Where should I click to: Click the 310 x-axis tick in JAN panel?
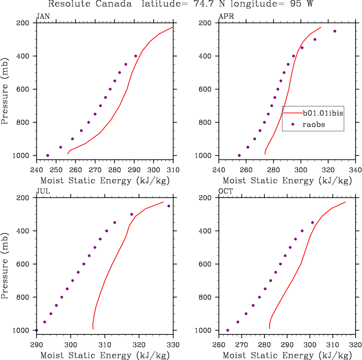[x=173, y=169]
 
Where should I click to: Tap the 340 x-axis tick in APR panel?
[x=355, y=169]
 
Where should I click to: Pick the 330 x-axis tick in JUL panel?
[x=173, y=345]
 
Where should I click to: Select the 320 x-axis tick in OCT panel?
[x=355, y=345]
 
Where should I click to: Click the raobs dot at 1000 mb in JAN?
[x=47, y=155]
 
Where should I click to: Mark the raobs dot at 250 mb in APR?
[x=335, y=31]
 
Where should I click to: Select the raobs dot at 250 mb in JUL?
[x=169, y=206]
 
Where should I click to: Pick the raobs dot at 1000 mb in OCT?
[x=228, y=330]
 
